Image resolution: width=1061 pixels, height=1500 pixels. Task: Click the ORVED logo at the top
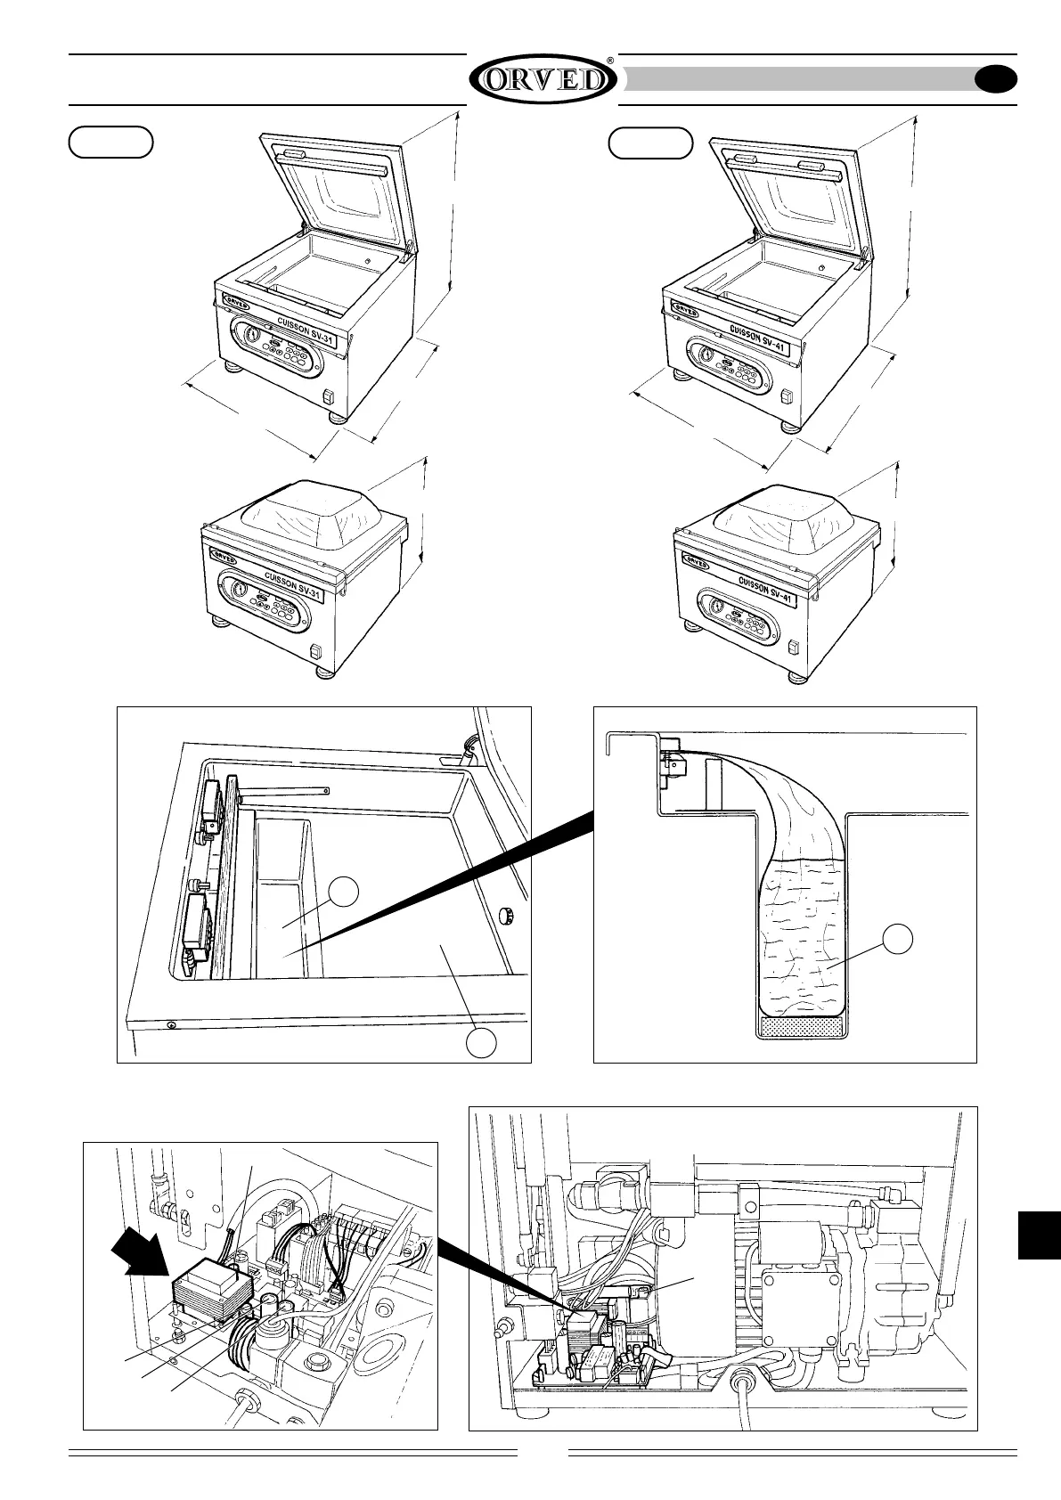coord(542,81)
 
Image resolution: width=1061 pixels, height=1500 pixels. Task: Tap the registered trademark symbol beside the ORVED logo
coord(609,61)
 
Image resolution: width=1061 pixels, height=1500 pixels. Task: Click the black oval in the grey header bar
coord(996,80)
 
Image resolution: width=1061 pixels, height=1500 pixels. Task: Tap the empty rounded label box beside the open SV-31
coord(111,143)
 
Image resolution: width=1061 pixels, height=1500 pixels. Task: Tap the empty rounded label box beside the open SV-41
coord(649,143)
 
